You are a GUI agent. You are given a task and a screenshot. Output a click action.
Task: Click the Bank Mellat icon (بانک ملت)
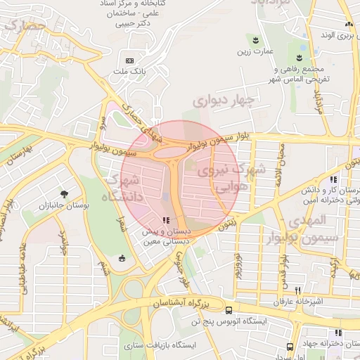[129, 60]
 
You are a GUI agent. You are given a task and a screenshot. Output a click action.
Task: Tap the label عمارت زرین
[253, 51]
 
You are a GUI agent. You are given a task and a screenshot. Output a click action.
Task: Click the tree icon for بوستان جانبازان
[65, 193]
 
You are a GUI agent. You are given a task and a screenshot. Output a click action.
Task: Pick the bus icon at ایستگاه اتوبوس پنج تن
[229, 310]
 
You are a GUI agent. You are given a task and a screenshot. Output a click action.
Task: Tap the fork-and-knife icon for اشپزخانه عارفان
[297, 290]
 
